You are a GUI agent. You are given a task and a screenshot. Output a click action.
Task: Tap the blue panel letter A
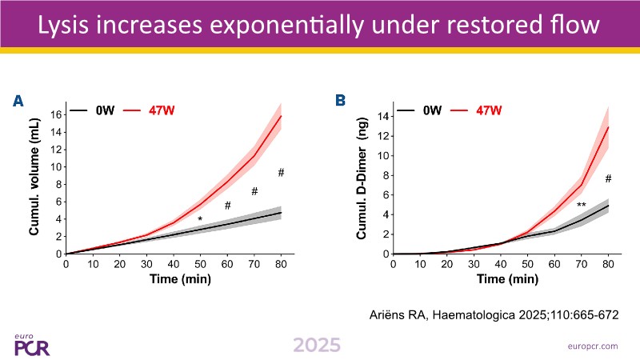(x=18, y=101)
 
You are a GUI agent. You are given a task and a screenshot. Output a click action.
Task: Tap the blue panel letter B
(x=341, y=101)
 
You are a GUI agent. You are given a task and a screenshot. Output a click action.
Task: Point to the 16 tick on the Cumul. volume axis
(x=55, y=114)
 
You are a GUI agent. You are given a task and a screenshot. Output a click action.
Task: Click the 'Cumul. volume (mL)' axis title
(x=35, y=184)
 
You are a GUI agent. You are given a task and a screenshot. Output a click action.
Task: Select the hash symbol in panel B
(x=608, y=178)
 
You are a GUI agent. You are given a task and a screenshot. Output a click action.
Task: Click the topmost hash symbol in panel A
(x=281, y=173)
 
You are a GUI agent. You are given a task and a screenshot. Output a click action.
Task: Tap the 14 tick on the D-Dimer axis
(x=383, y=116)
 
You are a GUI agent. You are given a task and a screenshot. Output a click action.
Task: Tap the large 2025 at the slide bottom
(x=316, y=345)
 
